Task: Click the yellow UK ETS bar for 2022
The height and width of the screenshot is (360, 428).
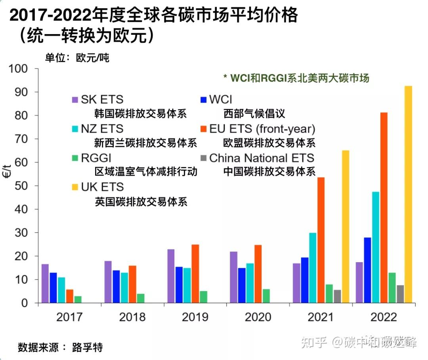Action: point(408,194)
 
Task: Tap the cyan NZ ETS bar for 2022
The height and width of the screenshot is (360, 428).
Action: point(376,247)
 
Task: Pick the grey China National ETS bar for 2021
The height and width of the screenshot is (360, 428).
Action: point(337,296)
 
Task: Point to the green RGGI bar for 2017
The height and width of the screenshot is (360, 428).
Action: point(78,299)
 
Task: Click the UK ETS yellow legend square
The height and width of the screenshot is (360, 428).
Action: point(75,187)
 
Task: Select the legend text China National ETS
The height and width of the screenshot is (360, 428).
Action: point(262,158)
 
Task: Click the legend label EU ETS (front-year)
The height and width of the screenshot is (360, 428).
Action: point(262,129)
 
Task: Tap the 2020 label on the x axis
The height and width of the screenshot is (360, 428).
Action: point(258,317)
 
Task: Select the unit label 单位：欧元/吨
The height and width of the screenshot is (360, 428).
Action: point(77,58)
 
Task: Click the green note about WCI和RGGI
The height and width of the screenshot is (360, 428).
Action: point(296,78)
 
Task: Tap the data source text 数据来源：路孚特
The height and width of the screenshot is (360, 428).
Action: point(60,347)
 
